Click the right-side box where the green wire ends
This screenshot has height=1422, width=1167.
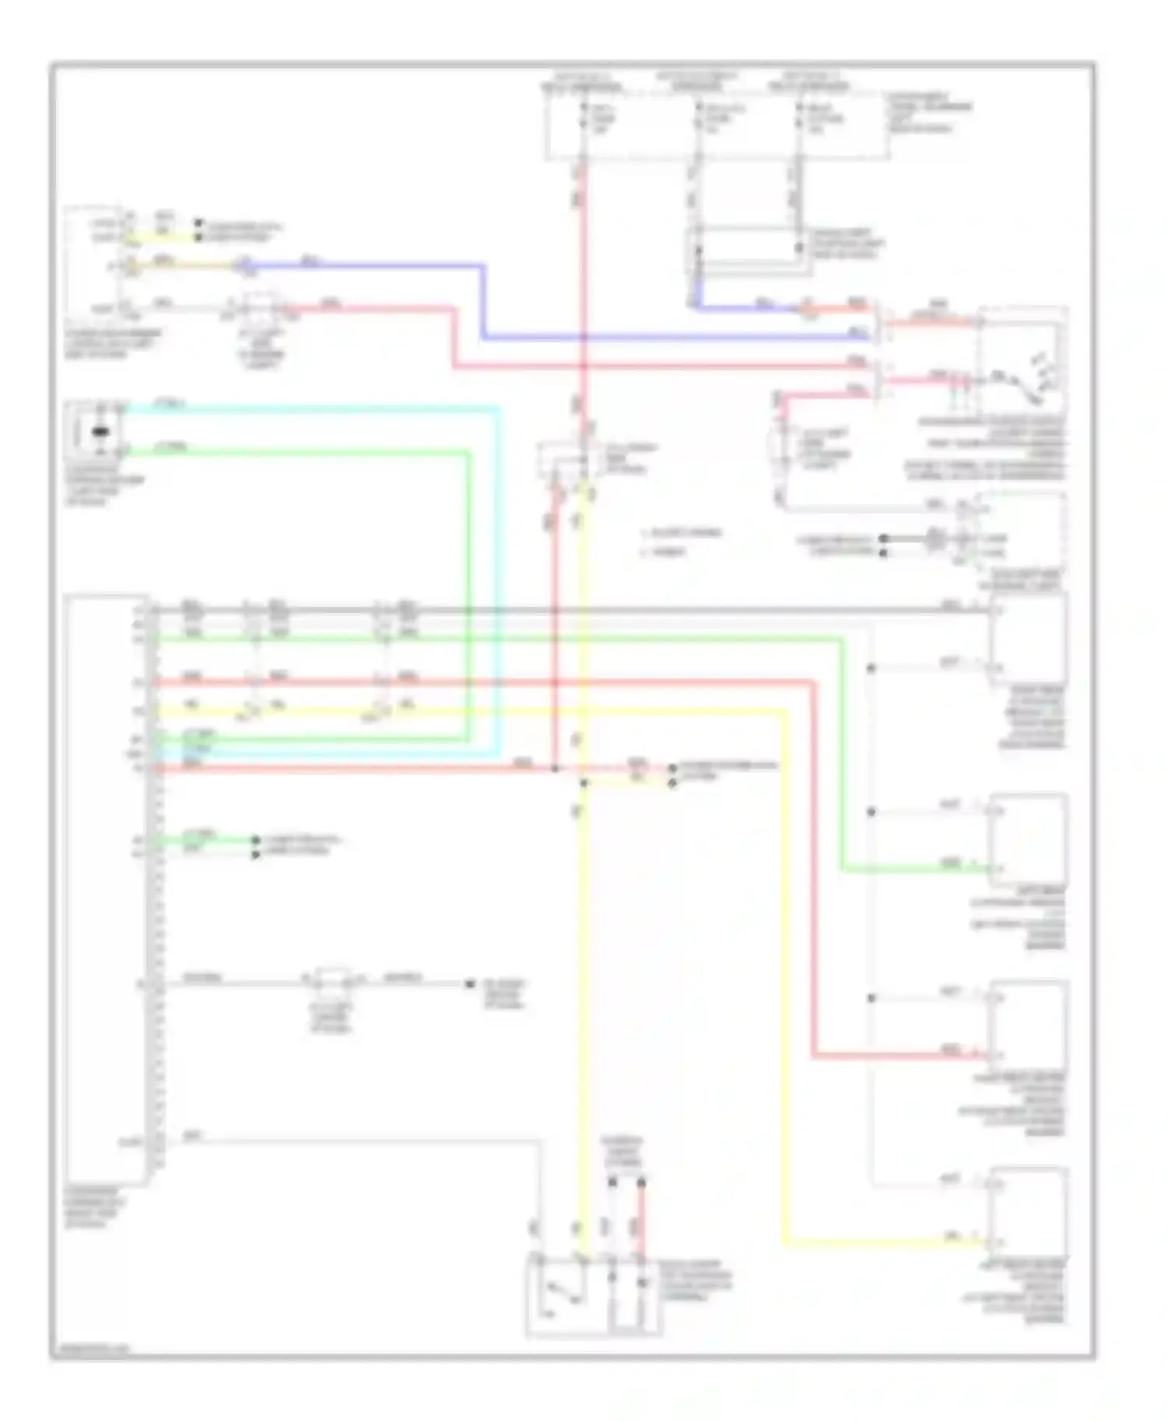(1027, 840)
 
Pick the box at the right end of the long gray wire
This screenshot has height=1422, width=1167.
(1027, 638)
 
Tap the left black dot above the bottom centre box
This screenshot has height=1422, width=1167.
(612, 1182)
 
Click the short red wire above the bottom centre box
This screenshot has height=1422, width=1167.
(642, 1217)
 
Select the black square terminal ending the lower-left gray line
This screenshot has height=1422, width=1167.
(470, 984)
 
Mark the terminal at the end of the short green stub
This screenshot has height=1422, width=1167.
(255, 840)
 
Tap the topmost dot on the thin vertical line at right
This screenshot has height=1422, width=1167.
(871, 667)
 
